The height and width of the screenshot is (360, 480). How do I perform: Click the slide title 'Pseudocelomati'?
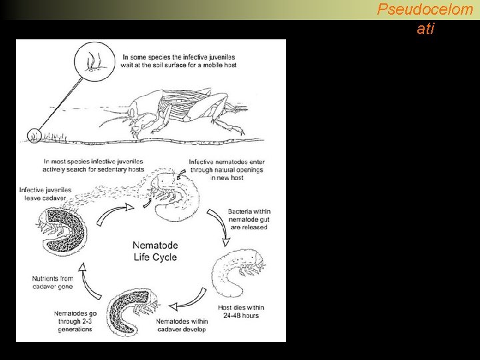coord(425,19)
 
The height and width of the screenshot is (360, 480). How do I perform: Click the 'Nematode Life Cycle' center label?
coord(154,251)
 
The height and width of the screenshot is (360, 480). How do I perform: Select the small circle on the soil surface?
coord(35,135)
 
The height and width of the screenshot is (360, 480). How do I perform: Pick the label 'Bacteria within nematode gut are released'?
coord(248,219)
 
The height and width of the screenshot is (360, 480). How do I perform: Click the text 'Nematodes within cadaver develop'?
coord(182,325)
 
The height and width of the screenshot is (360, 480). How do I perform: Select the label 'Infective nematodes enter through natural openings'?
coord(226,170)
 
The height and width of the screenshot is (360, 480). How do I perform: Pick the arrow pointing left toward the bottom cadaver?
coord(184,305)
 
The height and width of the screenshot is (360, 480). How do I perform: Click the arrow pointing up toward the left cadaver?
coord(83,274)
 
